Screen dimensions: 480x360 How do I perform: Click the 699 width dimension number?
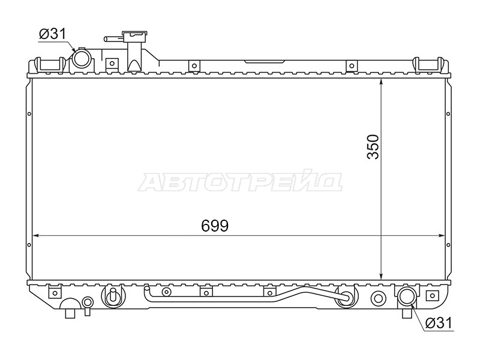point(215,226)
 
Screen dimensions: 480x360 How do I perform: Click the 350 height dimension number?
point(373,146)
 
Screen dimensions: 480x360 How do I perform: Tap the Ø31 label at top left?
point(52,34)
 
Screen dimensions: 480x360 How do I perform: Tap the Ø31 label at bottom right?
point(439,323)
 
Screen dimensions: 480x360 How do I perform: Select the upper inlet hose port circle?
point(81,58)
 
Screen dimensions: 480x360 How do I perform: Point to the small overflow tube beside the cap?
point(114,39)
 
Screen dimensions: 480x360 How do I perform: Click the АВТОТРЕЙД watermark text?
point(240,182)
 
